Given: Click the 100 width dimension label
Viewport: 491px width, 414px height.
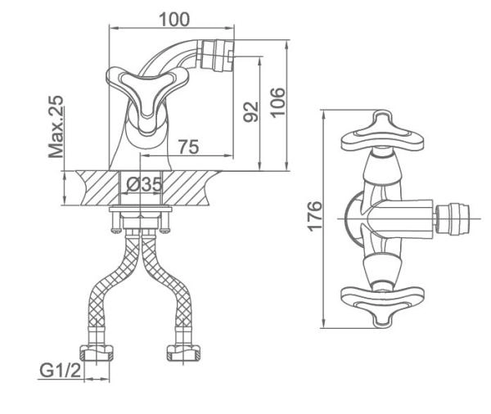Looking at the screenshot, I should pos(174,18).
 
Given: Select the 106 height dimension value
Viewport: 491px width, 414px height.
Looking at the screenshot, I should pos(278,101).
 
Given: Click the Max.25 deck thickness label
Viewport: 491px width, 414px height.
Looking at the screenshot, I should pos(56,126).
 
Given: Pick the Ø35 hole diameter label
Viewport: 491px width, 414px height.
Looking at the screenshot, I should pos(143,184).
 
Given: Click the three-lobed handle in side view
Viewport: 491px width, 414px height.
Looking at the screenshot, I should pos(142,94).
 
